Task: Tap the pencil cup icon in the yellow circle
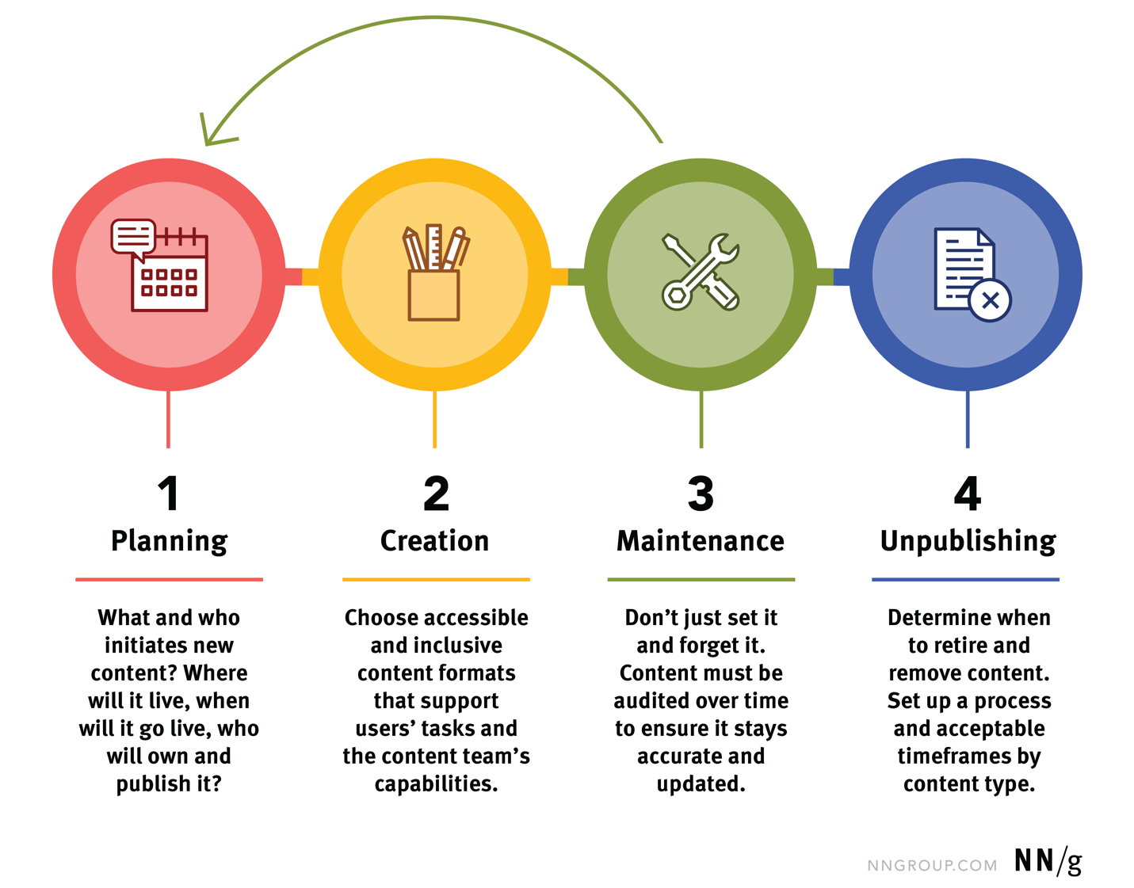(x=434, y=274)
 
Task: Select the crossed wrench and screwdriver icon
(x=701, y=272)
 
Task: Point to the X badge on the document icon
(x=990, y=300)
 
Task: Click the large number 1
(x=168, y=494)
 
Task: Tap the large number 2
(x=436, y=494)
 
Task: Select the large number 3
(x=701, y=494)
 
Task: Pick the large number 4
(x=968, y=494)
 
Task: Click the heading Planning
(x=169, y=541)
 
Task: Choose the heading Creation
(x=434, y=541)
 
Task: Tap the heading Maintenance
(x=701, y=541)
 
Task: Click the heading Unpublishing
(x=968, y=541)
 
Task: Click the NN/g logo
(x=1048, y=861)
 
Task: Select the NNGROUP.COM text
(x=932, y=866)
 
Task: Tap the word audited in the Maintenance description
(x=651, y=701)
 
